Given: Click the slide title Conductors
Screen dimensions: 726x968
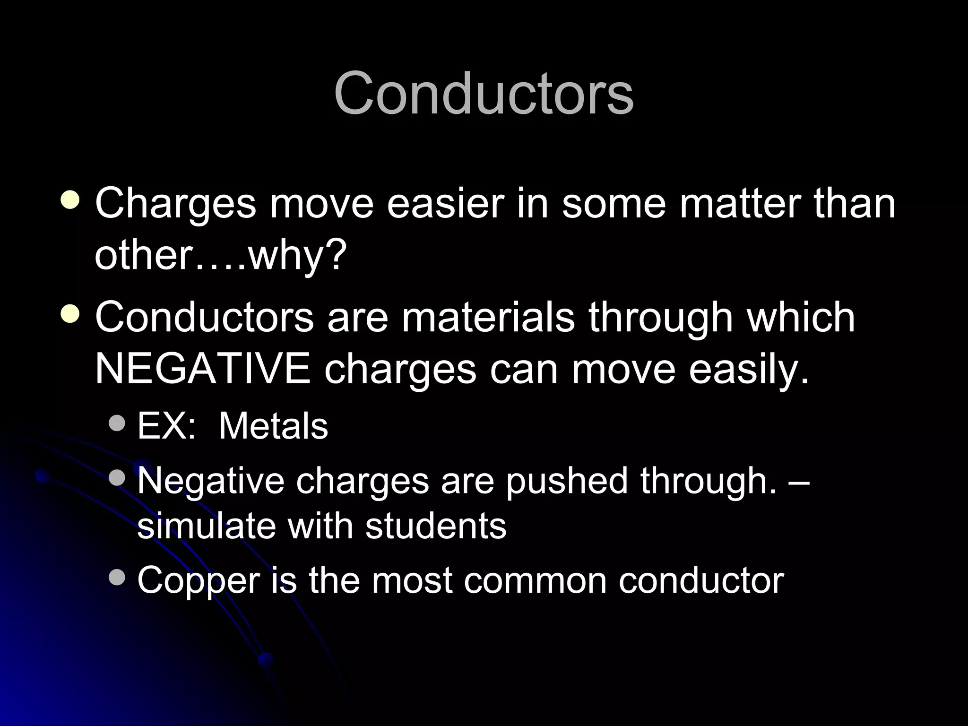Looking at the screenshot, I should tap(484, 93).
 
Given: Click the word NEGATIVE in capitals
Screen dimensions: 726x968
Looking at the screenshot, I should tap(203, 369).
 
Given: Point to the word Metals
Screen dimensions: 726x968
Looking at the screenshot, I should tap(273, 426).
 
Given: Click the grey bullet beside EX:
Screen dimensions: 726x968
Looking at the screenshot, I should tap(116, 423).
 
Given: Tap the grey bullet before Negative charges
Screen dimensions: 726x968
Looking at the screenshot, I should tap(116, 477).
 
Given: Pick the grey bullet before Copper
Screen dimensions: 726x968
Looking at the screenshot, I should tap(116, 577).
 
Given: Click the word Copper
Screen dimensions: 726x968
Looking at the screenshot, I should tap(199, 581).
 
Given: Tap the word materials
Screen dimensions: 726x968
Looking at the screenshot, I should tap(488, 318).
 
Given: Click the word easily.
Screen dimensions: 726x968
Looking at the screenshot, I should tap(749, 370).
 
